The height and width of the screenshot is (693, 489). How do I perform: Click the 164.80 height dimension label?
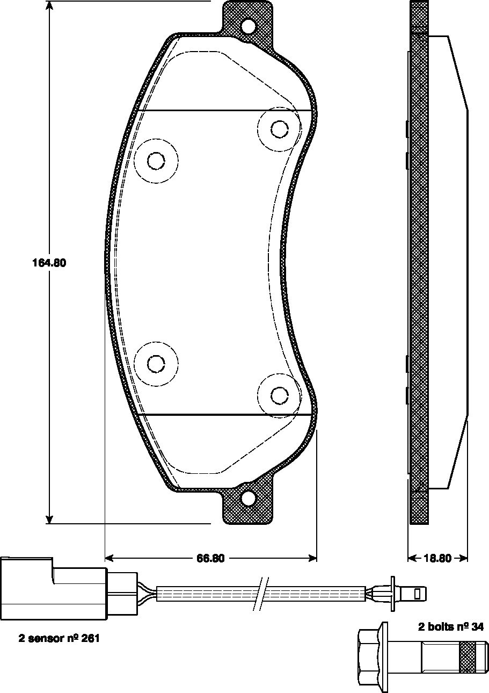(x=49, y=263)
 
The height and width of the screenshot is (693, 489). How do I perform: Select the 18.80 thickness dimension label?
(x=437, y=558)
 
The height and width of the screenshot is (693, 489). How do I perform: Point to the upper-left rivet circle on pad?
(x=156, y=161)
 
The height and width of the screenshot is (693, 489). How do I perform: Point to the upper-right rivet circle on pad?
(x=279, y=129)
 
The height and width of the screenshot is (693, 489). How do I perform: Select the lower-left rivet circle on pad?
(x=156, y=364)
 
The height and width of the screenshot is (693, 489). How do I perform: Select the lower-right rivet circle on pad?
(x=279, y=395)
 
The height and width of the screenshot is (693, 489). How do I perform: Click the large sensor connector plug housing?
(x=54, y=589)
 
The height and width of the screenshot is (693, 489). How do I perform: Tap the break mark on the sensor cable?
(x=260, y=594)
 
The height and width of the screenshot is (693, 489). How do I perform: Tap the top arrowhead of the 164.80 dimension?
(x=49, y=5)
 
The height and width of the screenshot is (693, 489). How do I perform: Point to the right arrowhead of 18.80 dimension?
(x=464, y=558)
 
